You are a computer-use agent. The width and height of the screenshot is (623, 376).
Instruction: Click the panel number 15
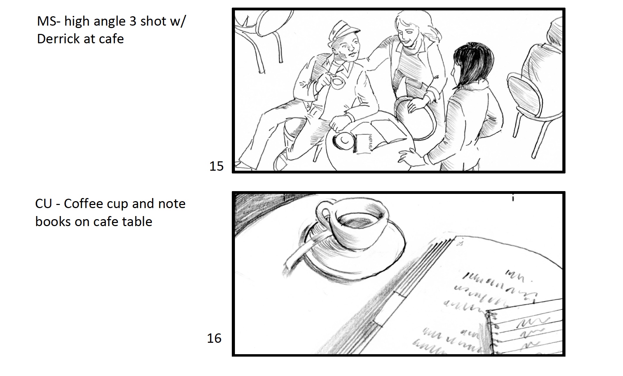point(216,166)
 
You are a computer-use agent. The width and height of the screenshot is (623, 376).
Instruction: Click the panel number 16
point(214,338)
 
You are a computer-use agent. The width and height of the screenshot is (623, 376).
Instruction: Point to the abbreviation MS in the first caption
point(45,21)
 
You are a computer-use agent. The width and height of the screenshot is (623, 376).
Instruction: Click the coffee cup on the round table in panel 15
point(343,140)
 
